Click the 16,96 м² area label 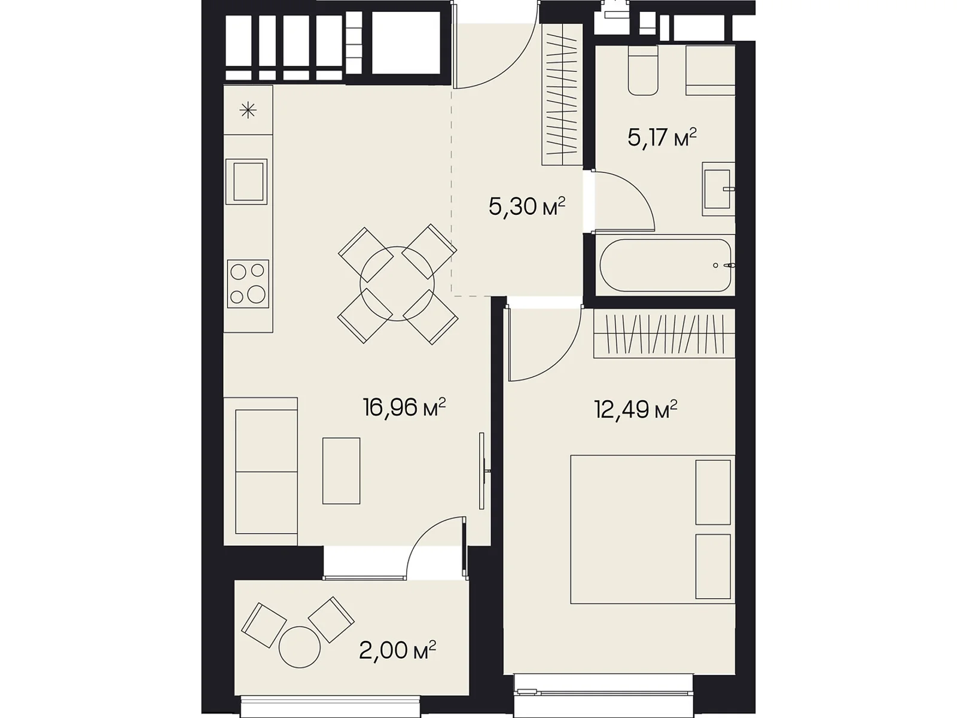[x=404, y=407]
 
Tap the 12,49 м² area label [x=636, y=409]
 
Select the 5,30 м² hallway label [x=527, y=206]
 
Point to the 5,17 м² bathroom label [x=662, y=138]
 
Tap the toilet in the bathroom [x=642, y=70]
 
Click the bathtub [x=665, y=265]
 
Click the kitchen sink [x=246, y=181]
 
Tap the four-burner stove [x=248, y=284]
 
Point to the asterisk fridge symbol [x=248, y=110]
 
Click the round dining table [x=397, y=284]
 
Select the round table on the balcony [x=300, y=647]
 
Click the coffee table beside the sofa [x=342, y=471]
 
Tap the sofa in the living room [x=261, y=471]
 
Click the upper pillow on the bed [x=713, y=492]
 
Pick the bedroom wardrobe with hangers [x=664, y=333]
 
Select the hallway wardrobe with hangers [x=562, y=94]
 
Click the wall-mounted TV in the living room [x=482, y=471]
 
